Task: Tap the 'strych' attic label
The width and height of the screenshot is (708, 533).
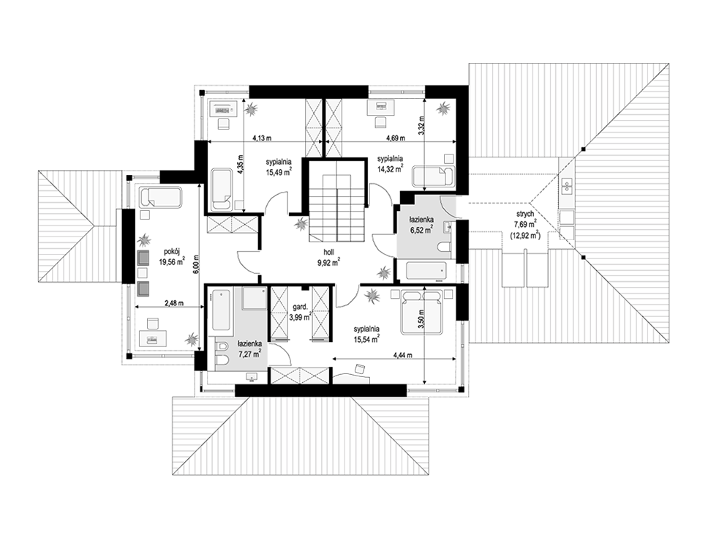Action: coord(527,214)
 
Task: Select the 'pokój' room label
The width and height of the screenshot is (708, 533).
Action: coord(170,253)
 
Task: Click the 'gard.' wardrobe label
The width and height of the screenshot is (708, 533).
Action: coord(299,307)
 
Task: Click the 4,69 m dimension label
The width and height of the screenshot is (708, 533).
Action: coord(395,138)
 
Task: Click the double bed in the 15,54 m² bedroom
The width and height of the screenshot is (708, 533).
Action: coord(421,312)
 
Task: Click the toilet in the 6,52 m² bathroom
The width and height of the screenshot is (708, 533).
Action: coord(444,247)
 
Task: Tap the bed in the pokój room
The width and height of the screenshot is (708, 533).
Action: coord(161,197)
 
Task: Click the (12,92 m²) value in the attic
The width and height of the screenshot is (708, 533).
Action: coord(526,234)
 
